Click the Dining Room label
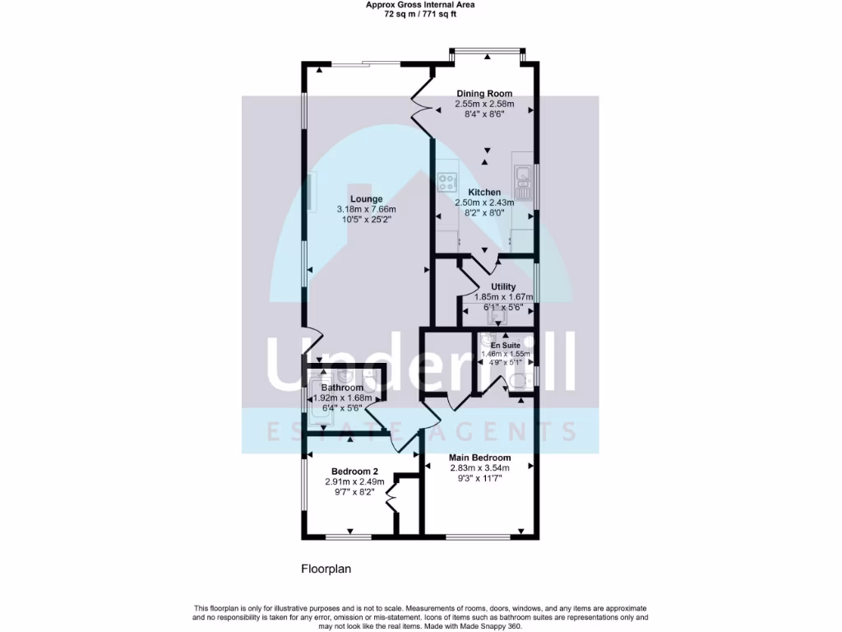[x=484, y=94]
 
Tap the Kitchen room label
[x=484, y=193]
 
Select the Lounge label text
[x=366, y=199]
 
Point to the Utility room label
[x=503, y=287]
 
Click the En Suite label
[x=506, y=346]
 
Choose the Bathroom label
[x=341, y=388]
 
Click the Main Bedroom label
[x=479, y=458]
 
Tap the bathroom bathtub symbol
[x=320, y=401]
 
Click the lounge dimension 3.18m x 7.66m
[x=366, y=210]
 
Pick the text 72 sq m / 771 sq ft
[x=420, y=14]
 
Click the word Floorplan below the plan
[x=326, y=569]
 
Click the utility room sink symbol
[x=496, y=313]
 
